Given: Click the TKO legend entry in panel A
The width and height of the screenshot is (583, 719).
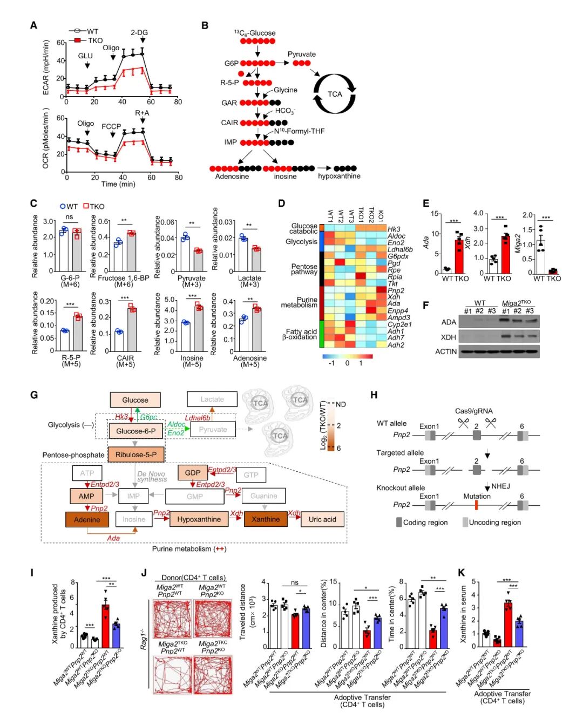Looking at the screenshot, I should click(95, 40).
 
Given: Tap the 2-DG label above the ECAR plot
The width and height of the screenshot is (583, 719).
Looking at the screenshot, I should click(139, 32).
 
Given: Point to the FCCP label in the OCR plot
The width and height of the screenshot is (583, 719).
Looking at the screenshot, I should click(112, 126).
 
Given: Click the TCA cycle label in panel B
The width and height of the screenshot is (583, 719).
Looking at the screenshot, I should click(335, 94).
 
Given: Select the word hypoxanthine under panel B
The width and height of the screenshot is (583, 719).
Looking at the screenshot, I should click(339, 176).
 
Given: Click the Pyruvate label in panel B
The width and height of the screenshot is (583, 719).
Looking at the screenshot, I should click(302, 54).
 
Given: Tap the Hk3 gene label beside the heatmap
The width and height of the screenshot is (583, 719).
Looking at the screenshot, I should click(394, 229).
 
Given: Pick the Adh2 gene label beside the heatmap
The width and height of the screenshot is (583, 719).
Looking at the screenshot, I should click(396, 345).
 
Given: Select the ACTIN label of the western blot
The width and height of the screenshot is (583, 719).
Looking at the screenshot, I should click(446, 351).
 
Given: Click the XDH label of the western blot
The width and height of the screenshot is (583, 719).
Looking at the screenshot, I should click(449, 337).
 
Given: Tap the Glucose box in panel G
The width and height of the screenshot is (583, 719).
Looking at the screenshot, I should click(135, 400).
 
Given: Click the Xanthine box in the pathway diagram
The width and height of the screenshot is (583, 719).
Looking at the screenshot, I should click(266, 519).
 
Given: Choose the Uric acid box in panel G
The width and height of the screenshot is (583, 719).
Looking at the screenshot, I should click(322, 519).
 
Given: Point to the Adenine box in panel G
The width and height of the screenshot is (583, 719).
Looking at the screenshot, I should click(87, 519).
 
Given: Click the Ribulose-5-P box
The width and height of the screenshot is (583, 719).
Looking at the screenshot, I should click(136, 455).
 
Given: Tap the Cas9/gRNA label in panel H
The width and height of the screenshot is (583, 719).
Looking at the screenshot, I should click(473, 411).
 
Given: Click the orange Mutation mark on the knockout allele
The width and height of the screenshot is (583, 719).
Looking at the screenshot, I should click(477, 505).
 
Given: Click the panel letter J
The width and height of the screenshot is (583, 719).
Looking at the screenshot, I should click(144, 573).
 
